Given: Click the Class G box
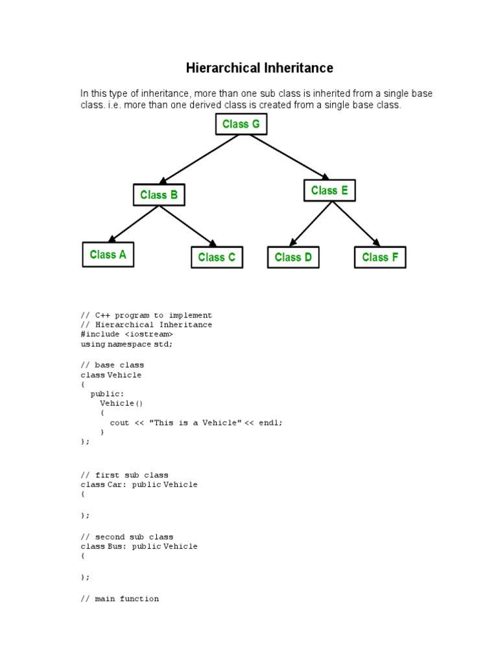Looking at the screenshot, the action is pyautogui.click(x=241, y=124).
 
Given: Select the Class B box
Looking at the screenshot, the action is pyautogui.click(x=159, y=195).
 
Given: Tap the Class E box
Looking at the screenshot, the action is pyautogui.click(x=329, y=190).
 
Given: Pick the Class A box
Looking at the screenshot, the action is pyautogui.click(x=108, y=255).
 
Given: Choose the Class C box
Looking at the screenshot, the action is pyautogui.click(x=217, y=257).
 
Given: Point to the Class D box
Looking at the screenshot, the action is pyautogui.click(x=293, y=257).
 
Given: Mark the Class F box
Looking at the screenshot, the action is pyautogui.click(x=380, y=257).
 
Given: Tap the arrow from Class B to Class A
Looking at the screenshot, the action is pyautogui.click(x=134, y=224).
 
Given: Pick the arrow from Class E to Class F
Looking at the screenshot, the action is pyautogui.click(x=356, y=224).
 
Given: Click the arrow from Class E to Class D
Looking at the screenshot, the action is pyautogui.click(x=311, y=224).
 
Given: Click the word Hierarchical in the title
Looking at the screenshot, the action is pyautogui.click(x=223, y=68).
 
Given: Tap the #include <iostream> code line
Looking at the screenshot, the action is pyautogui.click(x=126, y=334).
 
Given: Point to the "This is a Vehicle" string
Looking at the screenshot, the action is pyautogui.click(x=195, y=423).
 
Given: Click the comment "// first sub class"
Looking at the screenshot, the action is pyautogui.click(x=124, y=475).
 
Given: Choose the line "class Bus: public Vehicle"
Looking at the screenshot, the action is pyautogui.click(x=139, y=546).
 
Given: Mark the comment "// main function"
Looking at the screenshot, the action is pyautogui.click(x=120, y=599).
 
